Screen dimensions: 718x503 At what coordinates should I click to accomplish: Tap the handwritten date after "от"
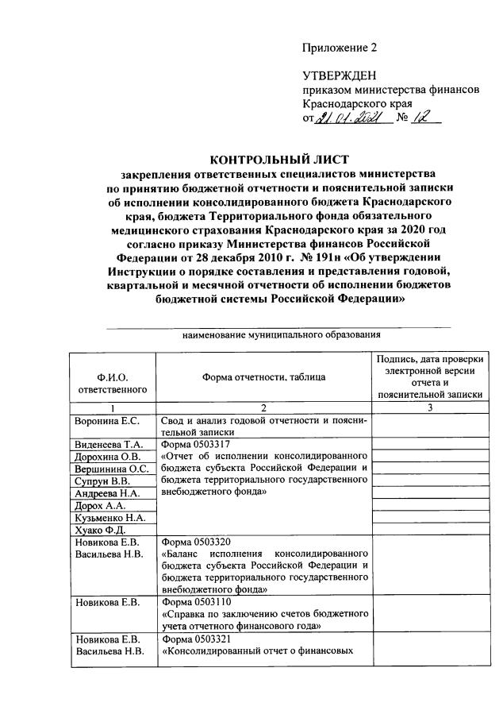click(x=350, y=119)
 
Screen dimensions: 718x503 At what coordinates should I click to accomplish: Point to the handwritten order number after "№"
click(x=420, y=119)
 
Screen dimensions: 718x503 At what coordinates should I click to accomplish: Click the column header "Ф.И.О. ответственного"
click(x=112, y=383)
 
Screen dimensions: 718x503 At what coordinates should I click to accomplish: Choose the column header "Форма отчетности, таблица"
click(x=263, y=377)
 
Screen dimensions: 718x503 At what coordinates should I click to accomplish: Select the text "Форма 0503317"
click(x=197, y=444)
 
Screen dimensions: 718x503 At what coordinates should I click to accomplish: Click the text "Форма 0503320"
click(x=197, y=541)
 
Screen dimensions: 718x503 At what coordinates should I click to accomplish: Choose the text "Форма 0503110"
click(x=197, y=602)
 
